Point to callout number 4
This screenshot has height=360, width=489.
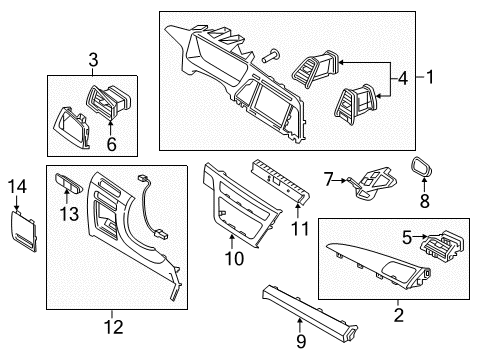(403, 76)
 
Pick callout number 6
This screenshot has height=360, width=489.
(111, 144)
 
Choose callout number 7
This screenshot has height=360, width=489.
(328, 179)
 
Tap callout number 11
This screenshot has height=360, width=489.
(297, 229)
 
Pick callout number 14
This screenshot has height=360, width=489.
(15, 187)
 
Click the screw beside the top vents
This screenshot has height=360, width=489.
(271, 58)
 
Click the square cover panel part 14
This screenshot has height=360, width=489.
(23, 231)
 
